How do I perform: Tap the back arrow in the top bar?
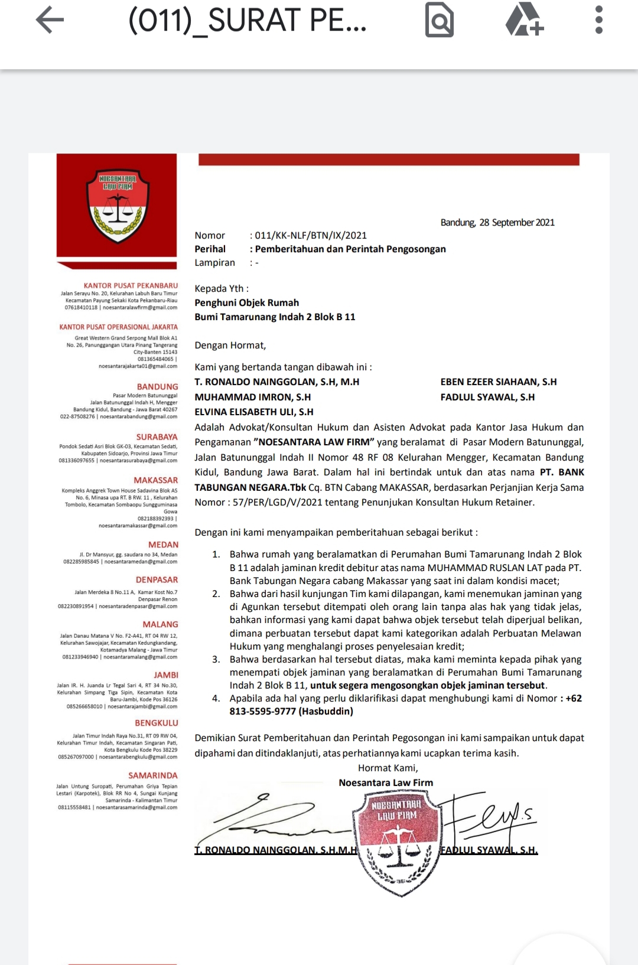50,20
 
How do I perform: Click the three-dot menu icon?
599,20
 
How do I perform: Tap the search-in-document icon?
440,21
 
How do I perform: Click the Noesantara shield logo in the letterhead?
118,205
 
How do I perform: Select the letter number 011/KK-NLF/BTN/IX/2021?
311,236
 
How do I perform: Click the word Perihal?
210,249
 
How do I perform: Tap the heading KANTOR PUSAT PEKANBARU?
131,286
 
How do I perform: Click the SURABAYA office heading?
157,437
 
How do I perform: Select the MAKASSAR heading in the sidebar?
155,481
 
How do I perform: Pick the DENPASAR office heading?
157,580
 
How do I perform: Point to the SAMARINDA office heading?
152,775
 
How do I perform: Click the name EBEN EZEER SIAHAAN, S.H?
499,382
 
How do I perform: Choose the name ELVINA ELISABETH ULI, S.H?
254,412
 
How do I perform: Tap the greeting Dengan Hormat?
230,345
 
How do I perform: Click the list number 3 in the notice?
216,660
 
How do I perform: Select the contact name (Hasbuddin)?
326,712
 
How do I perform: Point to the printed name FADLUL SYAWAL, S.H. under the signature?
489,850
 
